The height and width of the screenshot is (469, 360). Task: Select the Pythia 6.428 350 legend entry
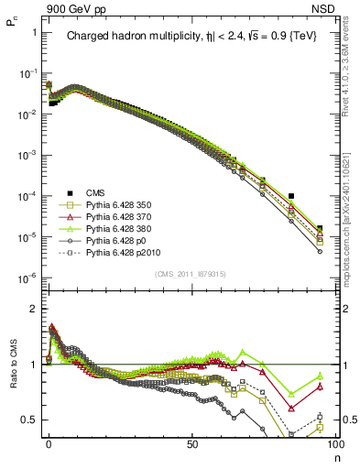(121, 204)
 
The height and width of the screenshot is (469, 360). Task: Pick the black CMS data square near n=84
(290, 196)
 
